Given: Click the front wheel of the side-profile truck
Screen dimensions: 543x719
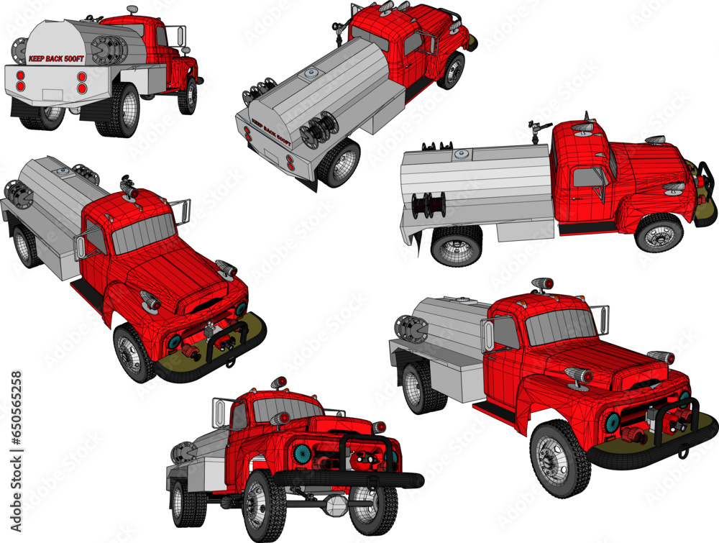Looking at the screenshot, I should pos(659,234).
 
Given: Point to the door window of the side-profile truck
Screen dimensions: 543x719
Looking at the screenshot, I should pos(587,178).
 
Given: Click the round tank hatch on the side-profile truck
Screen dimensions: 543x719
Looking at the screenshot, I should pos(459,153).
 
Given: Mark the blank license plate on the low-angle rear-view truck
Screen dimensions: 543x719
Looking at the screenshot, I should pos(52,94).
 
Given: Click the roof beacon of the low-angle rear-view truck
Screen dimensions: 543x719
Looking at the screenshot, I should pos(132,9).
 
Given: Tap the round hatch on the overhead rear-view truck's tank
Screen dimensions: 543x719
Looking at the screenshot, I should pos(313,73).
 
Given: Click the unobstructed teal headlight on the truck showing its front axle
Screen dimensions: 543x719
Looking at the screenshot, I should pos(302,453).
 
